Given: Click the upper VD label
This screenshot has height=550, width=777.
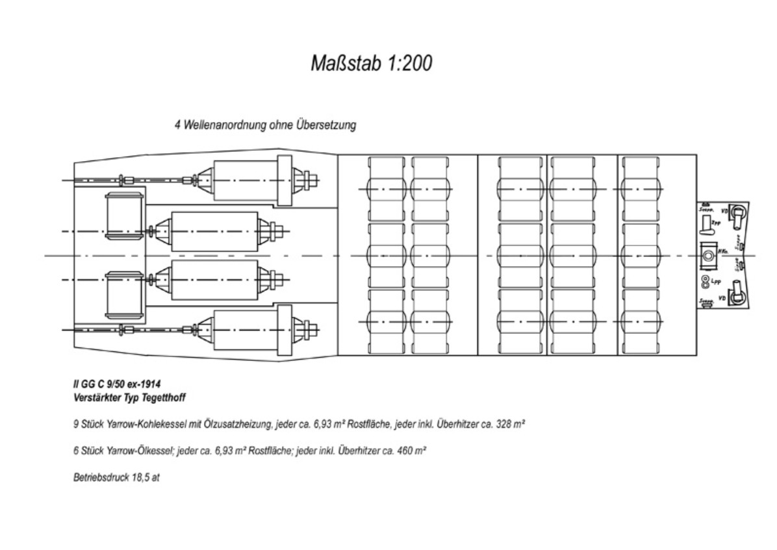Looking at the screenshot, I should pyautogui.click(x=724, y=211).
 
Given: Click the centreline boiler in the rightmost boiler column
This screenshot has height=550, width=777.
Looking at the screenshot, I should pyautogui.click(x=643, y=255).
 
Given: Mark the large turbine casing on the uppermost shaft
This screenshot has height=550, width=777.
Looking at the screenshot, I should pyautogui.click(x=244, y=180).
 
